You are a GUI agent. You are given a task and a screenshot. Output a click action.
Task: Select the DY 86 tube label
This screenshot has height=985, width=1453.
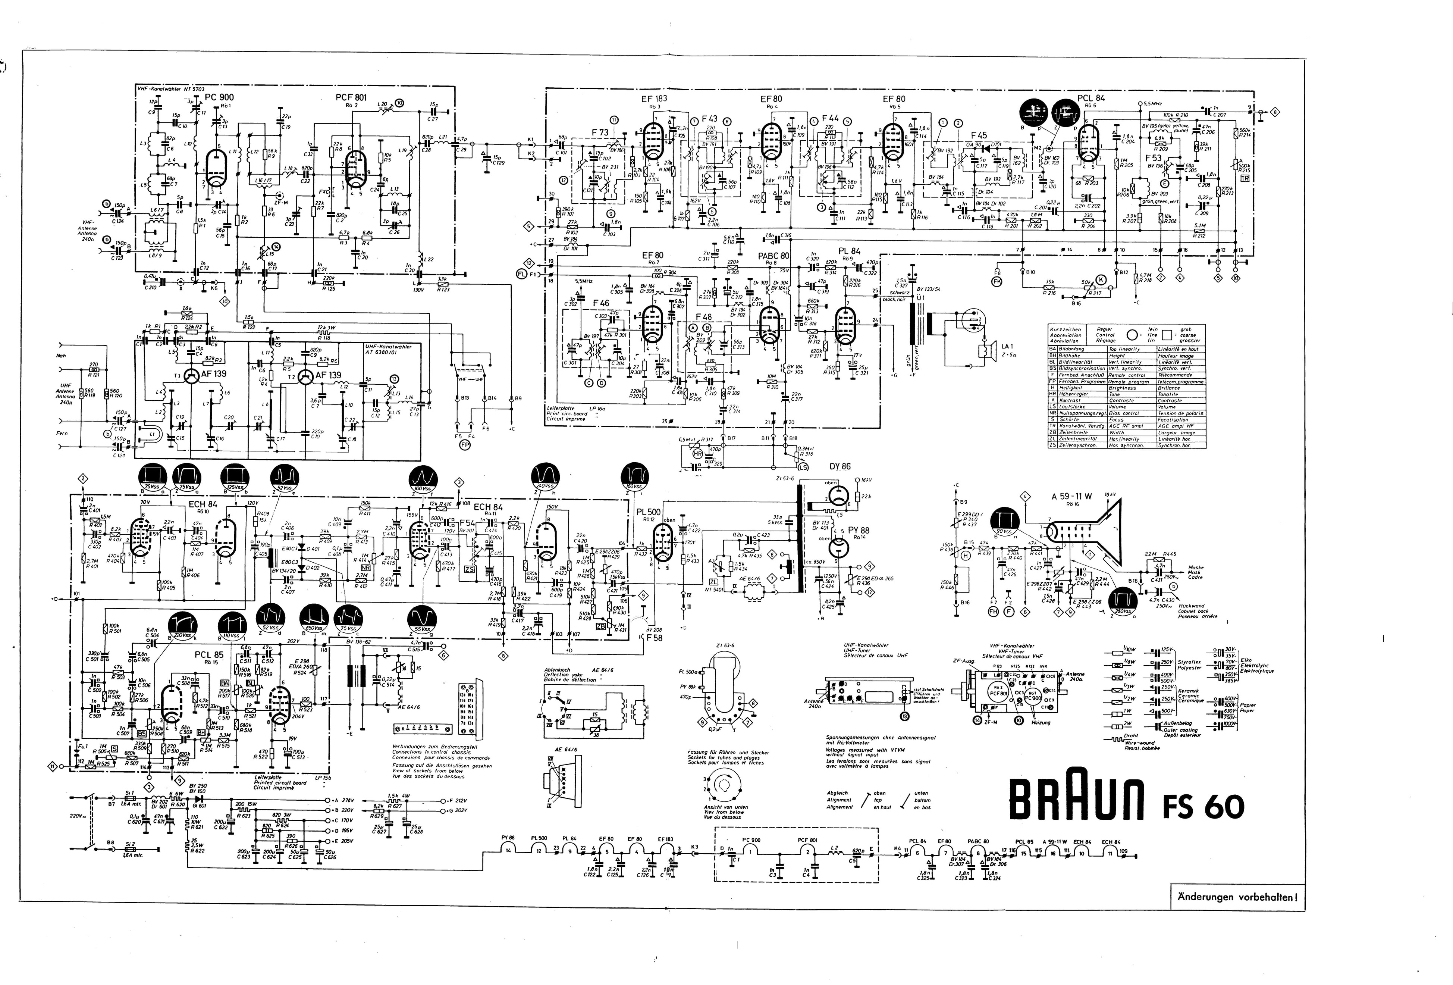(840, 466)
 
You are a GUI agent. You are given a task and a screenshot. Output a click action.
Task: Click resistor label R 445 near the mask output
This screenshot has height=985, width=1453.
(1170, 553)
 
